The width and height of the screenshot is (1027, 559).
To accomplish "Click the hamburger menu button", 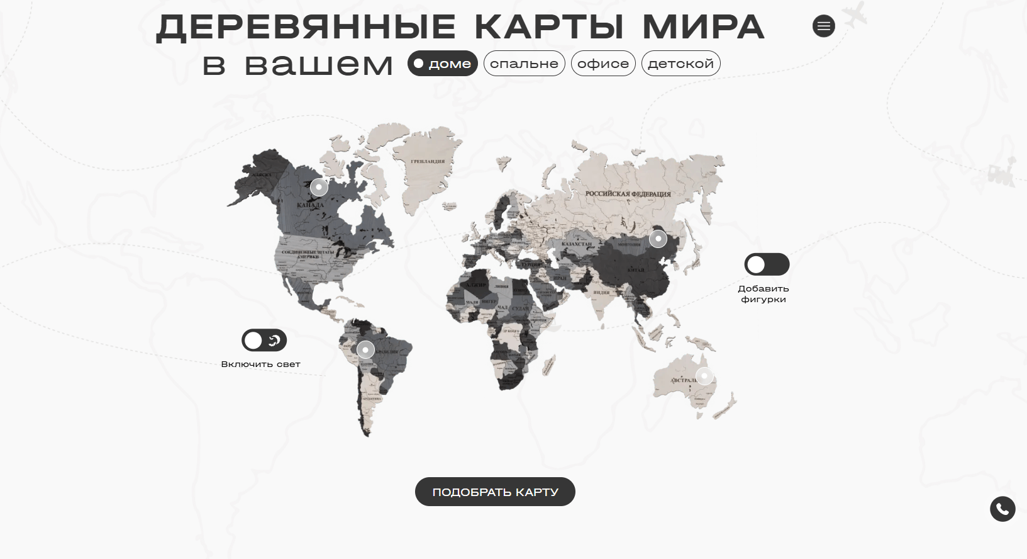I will pos(823,26).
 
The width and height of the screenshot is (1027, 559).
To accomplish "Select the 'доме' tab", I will pos(443,64).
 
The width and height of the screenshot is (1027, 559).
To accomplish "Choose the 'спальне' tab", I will pos(524,64).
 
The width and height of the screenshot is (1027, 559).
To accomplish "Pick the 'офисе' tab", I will pos(603,64).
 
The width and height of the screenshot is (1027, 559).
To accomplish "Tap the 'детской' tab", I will pos(680,64).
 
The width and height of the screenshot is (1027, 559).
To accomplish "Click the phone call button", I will pos(1002,509).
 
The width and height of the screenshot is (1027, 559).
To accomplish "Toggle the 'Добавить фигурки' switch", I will pos(767,264).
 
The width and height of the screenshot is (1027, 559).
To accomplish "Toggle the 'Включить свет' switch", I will pos(264,341).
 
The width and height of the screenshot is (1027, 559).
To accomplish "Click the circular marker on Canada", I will pos(319,187).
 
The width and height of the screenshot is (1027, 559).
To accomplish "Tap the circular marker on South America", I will pos(365,349).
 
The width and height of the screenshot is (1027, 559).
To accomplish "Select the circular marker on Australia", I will pos(704,376).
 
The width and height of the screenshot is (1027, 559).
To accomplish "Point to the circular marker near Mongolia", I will pos(658,239).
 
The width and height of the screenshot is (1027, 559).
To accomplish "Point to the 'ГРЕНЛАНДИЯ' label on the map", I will pos(428,162).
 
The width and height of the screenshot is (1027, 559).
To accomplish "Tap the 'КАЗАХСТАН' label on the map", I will pos(577,244).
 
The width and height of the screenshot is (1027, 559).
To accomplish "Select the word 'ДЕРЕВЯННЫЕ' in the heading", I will pos(306,27).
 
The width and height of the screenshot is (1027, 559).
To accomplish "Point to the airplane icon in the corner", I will pos(853,14).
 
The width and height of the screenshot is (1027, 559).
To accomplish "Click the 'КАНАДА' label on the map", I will pos(310,205).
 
